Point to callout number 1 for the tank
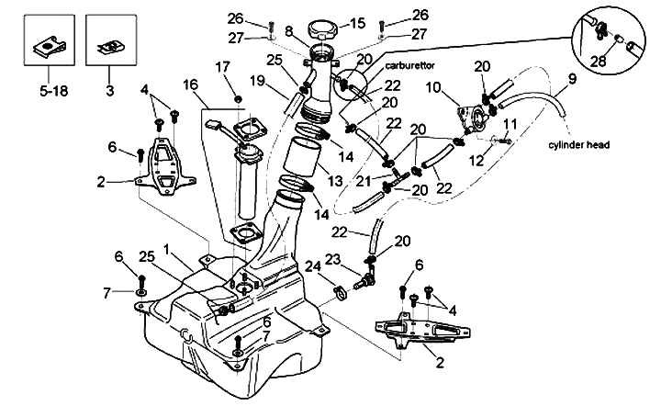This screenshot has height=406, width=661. [165, 250]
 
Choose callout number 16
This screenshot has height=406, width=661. [189, 84]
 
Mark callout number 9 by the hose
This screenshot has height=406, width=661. [573, 80]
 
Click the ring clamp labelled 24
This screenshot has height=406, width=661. [339, 293]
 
